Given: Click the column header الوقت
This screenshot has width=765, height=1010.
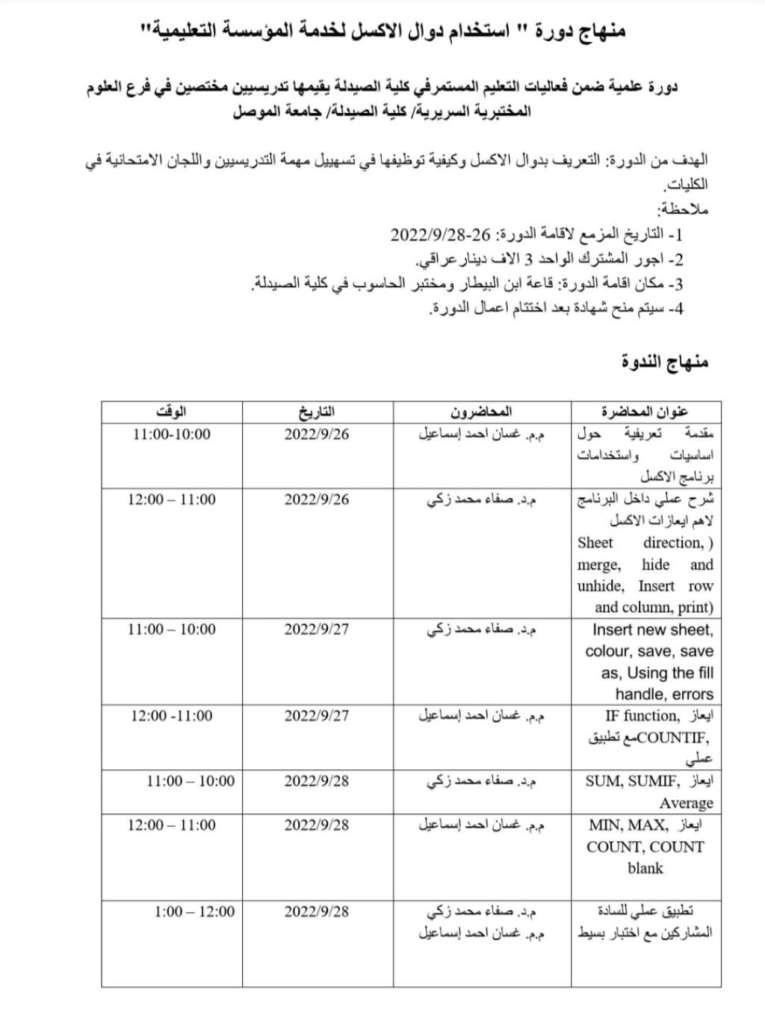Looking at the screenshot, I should [x=171, y=411].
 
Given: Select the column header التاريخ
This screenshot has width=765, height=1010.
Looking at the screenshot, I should [x=317, y=411].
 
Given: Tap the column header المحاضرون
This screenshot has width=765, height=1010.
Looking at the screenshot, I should [x=481, y=411].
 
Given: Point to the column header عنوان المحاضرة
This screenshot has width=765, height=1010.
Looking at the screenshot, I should [x=645, y=411].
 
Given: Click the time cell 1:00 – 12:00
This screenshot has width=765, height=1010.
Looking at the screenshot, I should [x=194, y=911].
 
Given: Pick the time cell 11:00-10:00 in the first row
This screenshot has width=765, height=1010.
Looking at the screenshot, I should [x=172, y=434].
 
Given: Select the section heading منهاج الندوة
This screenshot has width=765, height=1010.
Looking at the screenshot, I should [x=665, y=363].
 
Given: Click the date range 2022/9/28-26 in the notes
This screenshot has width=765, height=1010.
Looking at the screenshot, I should [x=441, y=235].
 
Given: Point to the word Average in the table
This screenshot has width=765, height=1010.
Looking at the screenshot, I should [x=686, y=803].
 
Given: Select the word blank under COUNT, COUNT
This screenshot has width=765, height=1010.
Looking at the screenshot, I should [x=645, y=868].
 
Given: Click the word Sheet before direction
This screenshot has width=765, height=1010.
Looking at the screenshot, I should [x=595, y=543].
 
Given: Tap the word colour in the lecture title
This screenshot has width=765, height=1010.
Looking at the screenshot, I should [x=607, y=651].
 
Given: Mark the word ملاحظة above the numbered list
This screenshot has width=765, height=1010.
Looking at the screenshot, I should [x=683, y=209].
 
